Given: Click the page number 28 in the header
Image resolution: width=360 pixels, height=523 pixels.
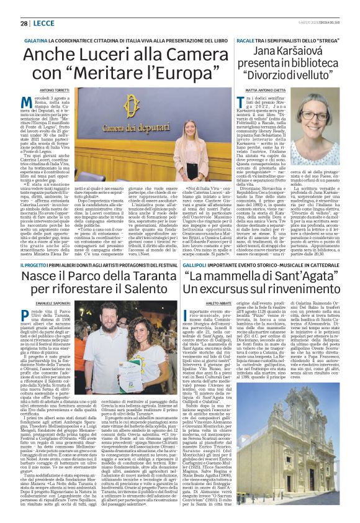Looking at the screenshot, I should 23,23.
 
